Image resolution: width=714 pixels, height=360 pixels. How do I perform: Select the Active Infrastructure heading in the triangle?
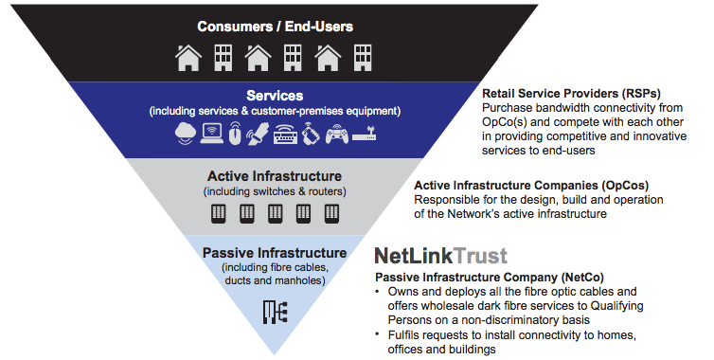click(x=274, y=176)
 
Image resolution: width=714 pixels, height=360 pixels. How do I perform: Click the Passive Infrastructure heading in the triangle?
click(x=274, y=253)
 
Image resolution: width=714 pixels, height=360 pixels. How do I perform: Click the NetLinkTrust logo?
click(x=440, y=255)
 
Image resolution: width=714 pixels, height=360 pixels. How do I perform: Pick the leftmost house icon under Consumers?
click(x=188, y=58)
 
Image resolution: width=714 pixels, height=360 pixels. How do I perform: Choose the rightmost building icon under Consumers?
click(x=360, y=58)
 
